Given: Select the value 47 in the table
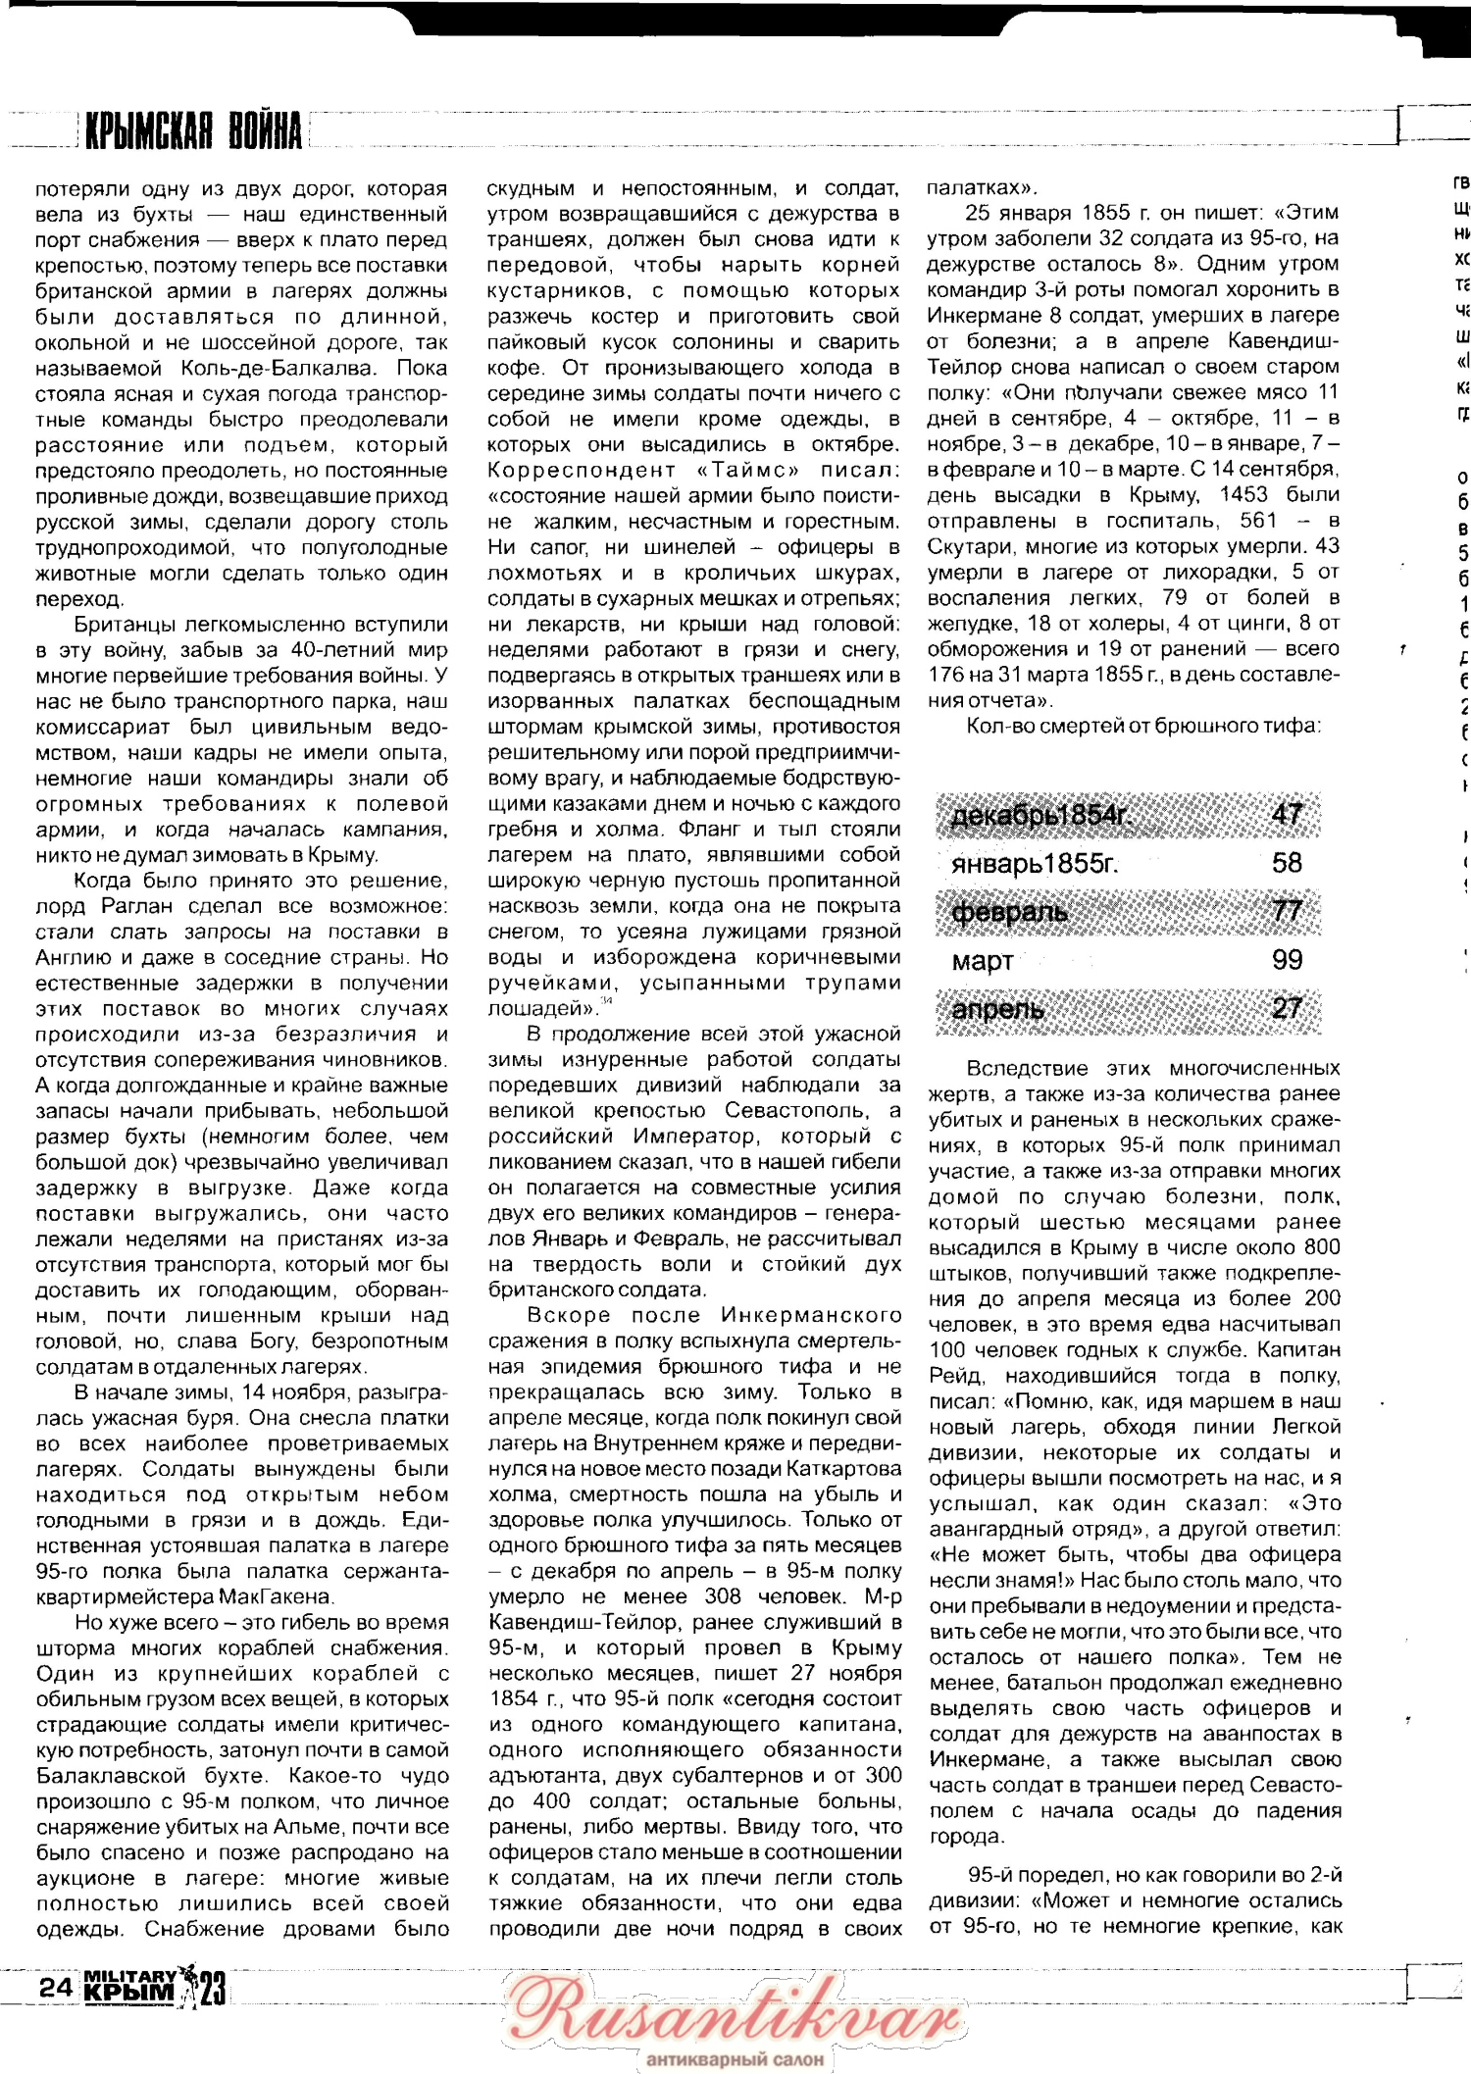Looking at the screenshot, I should coord(1287,814).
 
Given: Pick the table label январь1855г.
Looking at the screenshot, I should coord(1035,864).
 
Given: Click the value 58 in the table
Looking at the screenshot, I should coord(1287,863).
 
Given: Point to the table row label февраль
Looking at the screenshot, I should coord(1009,912).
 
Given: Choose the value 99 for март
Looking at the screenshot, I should coord(1287,960).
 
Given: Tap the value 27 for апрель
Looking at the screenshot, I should coord(1287,1008).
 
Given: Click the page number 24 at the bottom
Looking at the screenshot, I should coord(55,1987).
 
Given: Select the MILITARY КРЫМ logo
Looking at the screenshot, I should coord(130,1986).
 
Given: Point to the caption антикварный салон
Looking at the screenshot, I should coord(735,2059).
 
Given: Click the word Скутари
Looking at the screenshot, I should coord(974,546).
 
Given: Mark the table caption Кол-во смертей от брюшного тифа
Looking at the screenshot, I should coord(1142,727).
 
